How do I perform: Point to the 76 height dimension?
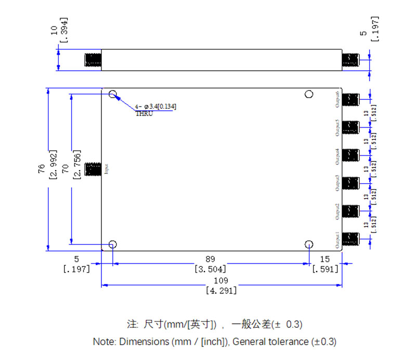tap(42, 169)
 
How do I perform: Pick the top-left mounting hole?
tap(113, 94)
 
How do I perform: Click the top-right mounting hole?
tap(309, 94)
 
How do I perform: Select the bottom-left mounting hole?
tap(113, 245)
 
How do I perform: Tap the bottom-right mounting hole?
tap(309, 245)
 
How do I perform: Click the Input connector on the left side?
tap(93, 169)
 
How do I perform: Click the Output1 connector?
tap(352, 239)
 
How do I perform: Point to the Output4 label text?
tap(338, 156)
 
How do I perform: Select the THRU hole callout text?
tap(144, 113)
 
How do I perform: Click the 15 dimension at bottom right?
tap(325, 259)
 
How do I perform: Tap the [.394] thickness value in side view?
tap(64, 32)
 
